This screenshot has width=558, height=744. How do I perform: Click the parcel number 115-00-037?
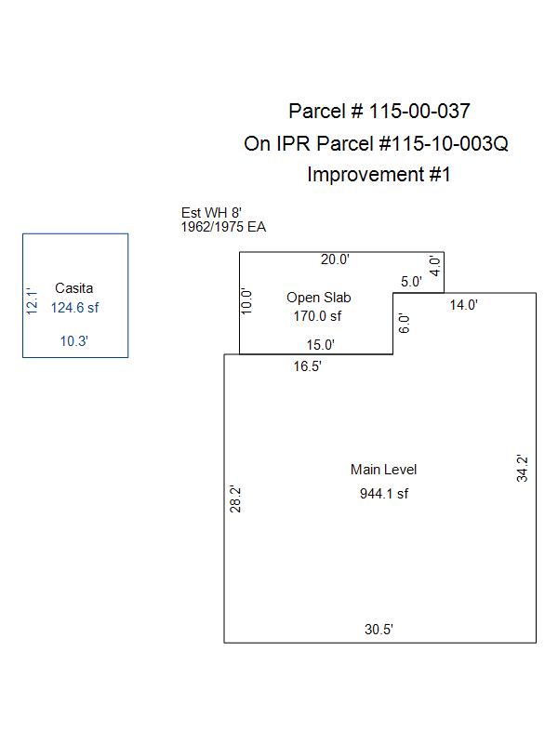(x=419, y=112)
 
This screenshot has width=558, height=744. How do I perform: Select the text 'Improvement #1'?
(x=379, y=174)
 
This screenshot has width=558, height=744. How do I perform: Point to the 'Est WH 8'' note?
(x=211, y=213)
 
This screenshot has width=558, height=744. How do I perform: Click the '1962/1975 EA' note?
(x=223, y=226)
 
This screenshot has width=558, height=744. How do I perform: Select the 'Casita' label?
(x=74, y=288)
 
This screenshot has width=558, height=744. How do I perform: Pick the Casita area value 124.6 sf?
(x=74, y=307)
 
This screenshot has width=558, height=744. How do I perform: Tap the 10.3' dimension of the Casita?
(x=74, y=341)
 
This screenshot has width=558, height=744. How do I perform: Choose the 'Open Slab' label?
(x=318, y=298)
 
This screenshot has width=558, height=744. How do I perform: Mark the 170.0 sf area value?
(x=318, y=316)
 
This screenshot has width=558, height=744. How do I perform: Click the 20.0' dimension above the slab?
(x=335, y=259)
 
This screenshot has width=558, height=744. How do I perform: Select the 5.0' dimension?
(x=411, y=281)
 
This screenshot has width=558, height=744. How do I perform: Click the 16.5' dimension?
(x=307, y=366)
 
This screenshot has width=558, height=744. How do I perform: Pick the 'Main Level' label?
(x=383, y=470)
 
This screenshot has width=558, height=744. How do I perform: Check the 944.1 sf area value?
(x=383, y=494)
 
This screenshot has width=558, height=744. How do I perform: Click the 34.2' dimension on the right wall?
(x=523, y=467)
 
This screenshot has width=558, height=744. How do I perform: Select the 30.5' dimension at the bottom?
(x=379, y=630)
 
